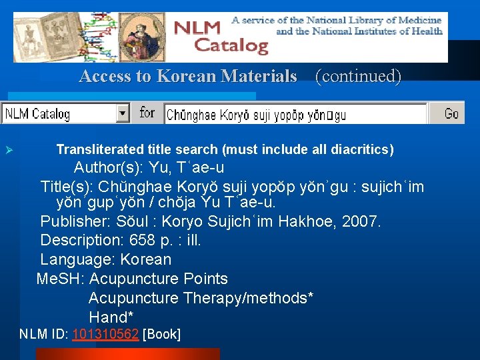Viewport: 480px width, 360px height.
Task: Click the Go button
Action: pyautogui.click(x=451, y=113)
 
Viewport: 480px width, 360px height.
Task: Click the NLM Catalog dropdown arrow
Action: pyautogui.click(x=123, y=113)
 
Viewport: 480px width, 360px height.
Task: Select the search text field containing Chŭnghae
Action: pyautogui.click(x=295, y=115)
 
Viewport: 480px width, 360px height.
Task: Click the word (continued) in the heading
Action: pyautogui.click(x=358, y=76)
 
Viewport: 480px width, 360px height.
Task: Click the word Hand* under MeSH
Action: pyautogui.click(x=111, y=317)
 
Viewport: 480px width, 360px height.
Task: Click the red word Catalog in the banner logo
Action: pyautogui.click(x=231, y=46)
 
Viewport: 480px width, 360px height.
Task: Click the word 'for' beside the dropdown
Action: pyautogui.click(x=147, y=113)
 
